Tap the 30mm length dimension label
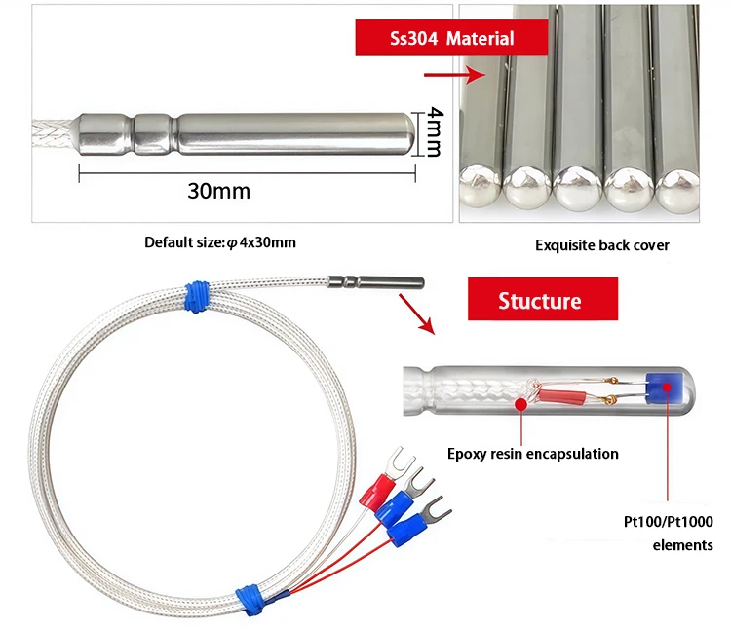[x=218, y=191]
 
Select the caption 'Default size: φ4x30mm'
[x=219, y=242]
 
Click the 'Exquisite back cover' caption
[x=601, y=245]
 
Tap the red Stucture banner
[x=542, y=299]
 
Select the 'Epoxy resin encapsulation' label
[x=532, y=454]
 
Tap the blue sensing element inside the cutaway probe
[x=668, y=389]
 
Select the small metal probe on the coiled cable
[x=375, y=281]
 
